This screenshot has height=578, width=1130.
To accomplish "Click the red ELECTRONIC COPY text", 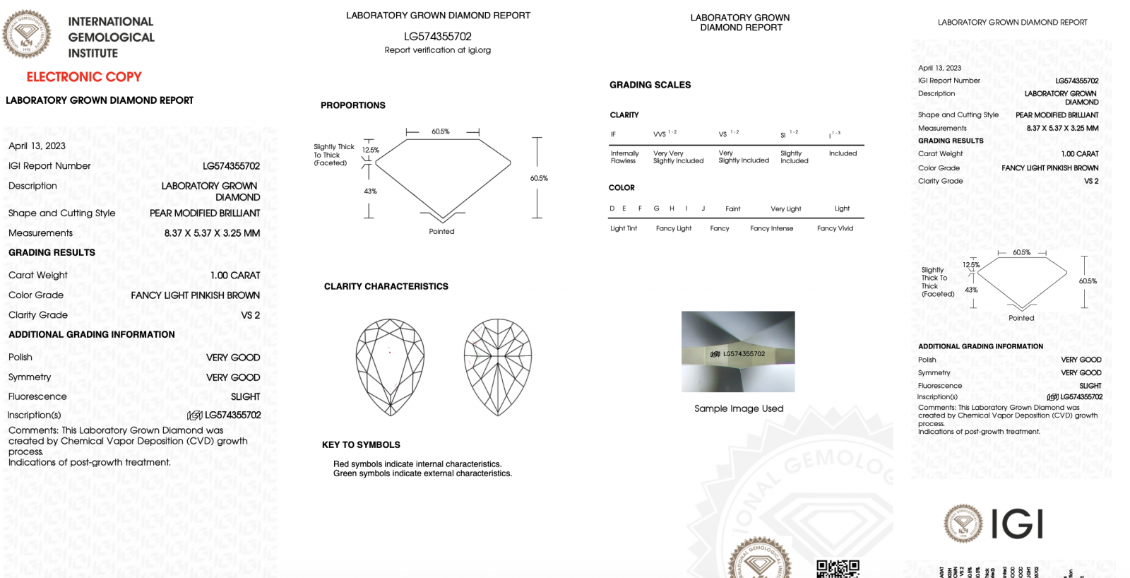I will tap(84, 77).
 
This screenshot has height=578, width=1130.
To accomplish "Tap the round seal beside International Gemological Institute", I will tap(27, 34).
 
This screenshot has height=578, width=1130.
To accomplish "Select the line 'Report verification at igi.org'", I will tap(437, 50).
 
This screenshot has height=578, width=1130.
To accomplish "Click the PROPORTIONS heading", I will tap(353, 105).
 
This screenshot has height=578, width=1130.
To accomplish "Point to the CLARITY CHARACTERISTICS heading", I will tap(386, 286).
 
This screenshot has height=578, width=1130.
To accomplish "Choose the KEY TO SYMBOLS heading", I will tap(361, 444).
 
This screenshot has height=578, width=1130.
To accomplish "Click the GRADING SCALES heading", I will tap(650, 85).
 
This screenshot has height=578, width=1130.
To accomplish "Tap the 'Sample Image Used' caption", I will tap(739, 408).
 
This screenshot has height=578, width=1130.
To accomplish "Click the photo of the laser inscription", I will tap(738, 351).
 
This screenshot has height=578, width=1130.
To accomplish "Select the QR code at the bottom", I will tap(838, 569).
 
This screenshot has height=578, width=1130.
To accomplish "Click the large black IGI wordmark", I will tap(1017, 524).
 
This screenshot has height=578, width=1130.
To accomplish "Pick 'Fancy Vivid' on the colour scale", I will tap(835, 228).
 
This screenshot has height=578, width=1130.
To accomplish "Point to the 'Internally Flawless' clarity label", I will tap(624, 157).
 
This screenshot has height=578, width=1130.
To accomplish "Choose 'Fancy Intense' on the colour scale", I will tap(771, 228).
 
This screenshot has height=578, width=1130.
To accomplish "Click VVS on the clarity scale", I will tap(660, 134).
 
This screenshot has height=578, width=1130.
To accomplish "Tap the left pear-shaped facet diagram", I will tap(390, 366).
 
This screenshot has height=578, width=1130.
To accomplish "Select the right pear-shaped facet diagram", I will tap(498, 366).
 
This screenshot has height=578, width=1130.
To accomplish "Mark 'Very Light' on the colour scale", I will tap(785, 209).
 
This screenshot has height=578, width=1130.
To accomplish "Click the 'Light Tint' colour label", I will tap(624, 228).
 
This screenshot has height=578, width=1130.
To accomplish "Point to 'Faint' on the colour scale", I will tap(732, 209).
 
